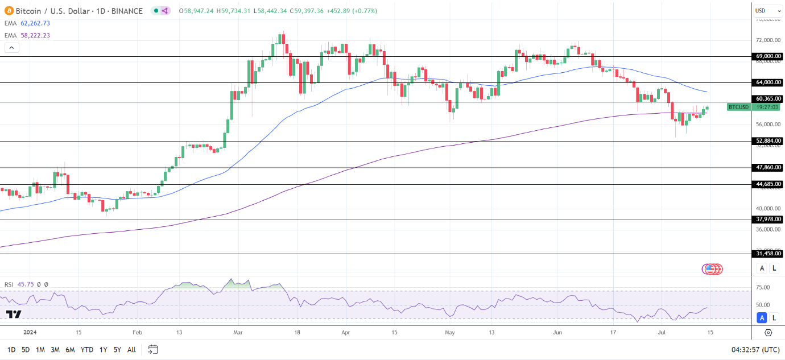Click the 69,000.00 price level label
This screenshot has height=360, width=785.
[x=768, y=56]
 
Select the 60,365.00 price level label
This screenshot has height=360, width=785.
[x=768, y=98]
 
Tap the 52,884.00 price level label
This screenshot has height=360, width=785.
[x=768, y=140]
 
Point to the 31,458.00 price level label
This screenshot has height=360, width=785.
[x=768, y=254]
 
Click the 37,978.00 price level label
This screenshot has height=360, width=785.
[x=768, y=219]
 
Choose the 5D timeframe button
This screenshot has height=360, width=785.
[x=26, y=350]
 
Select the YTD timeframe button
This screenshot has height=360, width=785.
[x=87, y=350]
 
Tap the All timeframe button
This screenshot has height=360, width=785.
[x=131, y=350]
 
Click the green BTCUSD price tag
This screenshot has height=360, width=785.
[x=738, y=107]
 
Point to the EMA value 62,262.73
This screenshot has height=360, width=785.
[x=35, y=23]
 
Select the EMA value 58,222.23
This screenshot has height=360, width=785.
[x=35, y=35]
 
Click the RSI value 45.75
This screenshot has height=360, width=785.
[x=26, y=284]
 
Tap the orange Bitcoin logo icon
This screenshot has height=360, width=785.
[x=9, y=11]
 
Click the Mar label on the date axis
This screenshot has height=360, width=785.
[x=238, y=332]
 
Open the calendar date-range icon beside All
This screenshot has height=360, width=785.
[x=152, y=349]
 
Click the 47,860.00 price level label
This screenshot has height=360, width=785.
[x=768, y=168]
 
